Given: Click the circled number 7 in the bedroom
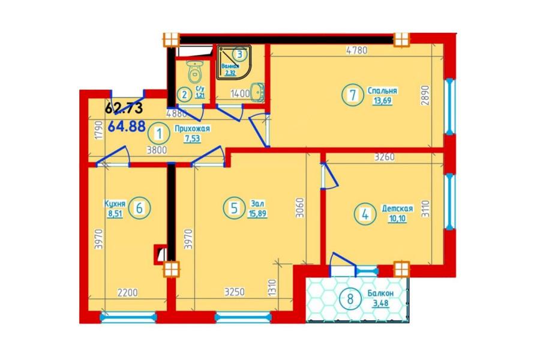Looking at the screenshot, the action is tap(352, 95).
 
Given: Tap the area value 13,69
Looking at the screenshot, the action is tap(382, 101).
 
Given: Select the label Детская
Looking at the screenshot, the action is tap(397, 208).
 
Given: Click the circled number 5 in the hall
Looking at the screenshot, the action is tap(234, 208).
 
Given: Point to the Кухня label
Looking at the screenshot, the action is tap(115, 203).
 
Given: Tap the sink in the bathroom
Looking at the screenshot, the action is tap(257, 92).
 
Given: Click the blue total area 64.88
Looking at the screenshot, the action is tap(127, 126).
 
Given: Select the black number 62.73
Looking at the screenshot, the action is tap(124, 108).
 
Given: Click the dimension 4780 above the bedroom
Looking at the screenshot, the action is tap(357, 50).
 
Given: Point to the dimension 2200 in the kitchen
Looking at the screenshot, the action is tap(127, 293).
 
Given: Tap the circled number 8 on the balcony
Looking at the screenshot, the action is tap(350, 298).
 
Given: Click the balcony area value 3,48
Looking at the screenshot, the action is tap(380, 303).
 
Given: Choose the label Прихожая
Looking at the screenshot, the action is tap(192, 129).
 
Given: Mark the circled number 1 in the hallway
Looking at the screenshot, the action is tap(159, 134).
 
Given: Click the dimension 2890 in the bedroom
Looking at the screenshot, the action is tap(426, 96).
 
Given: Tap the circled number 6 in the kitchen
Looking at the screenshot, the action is tap(139, 208).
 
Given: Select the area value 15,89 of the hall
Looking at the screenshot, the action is tap(257, 214).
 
